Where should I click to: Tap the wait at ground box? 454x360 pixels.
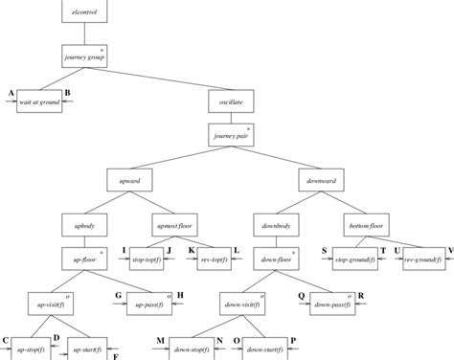(x=39, y=99)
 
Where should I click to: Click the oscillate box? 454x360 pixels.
(x=231, y=100)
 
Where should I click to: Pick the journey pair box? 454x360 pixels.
(x=231, y=136)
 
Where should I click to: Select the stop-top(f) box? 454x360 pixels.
(x=149, y=259)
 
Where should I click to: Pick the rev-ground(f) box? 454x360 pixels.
(x=423, y=259)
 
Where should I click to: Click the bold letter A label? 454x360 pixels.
(x=10, y=92)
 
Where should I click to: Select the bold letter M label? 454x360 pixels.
(x=161, y=341)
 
